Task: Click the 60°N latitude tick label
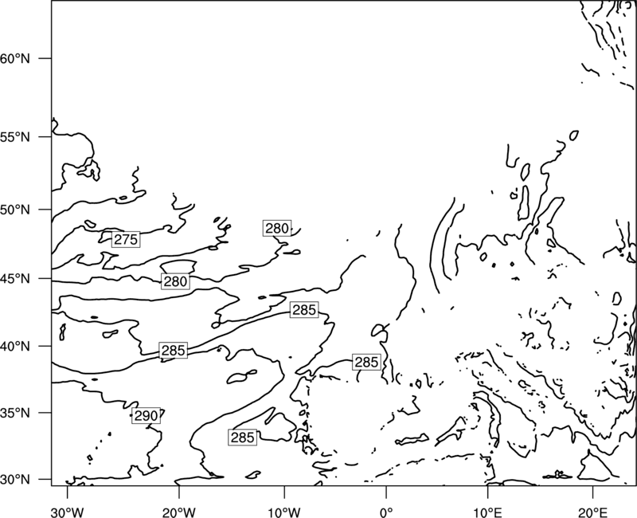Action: click(x=15, y=58)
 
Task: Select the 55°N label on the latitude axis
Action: click(x=15, y=137)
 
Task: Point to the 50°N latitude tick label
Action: click(x=15, y=210)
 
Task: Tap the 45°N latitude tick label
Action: click(x=15, y=279)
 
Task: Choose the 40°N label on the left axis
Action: click(x=15, y=347)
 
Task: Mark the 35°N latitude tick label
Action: click(x=15, y=413)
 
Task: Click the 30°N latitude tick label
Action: click(x=15, y=480)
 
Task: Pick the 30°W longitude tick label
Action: click(x=68, y=512)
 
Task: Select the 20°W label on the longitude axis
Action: click(x=179, y=512)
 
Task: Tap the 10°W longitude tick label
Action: click(x=284, y=512)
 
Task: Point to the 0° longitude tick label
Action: click(x=386, y=512)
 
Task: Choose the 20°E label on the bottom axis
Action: click(x=592, y=512)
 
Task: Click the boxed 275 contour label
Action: click(x=126, y=240)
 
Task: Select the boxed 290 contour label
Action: click(x=146, y=415)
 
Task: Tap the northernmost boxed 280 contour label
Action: click(x=277, y=228)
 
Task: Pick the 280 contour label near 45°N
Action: click(x=175, y=281)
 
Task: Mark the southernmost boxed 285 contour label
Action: click(x=243, y=438)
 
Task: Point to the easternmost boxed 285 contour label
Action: click(x=367, y=362)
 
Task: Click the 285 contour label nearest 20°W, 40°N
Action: click(x=174, y=350)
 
